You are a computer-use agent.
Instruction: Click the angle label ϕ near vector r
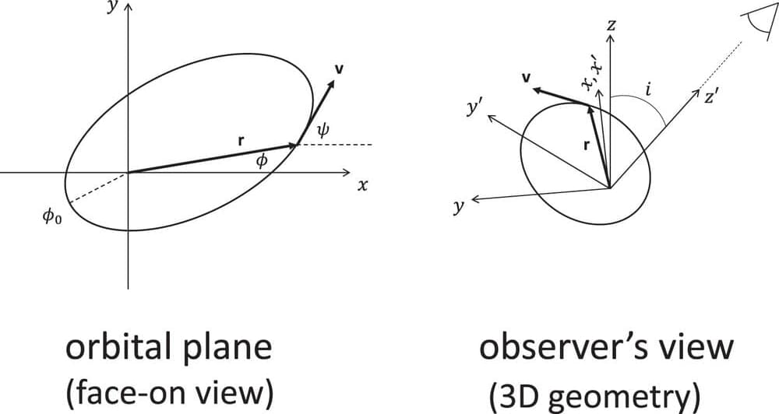pos(263,160)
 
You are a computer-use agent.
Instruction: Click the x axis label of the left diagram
pos(362,185)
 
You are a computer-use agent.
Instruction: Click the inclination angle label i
pos(649,91)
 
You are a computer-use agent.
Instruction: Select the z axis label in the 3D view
pos(612,25)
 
